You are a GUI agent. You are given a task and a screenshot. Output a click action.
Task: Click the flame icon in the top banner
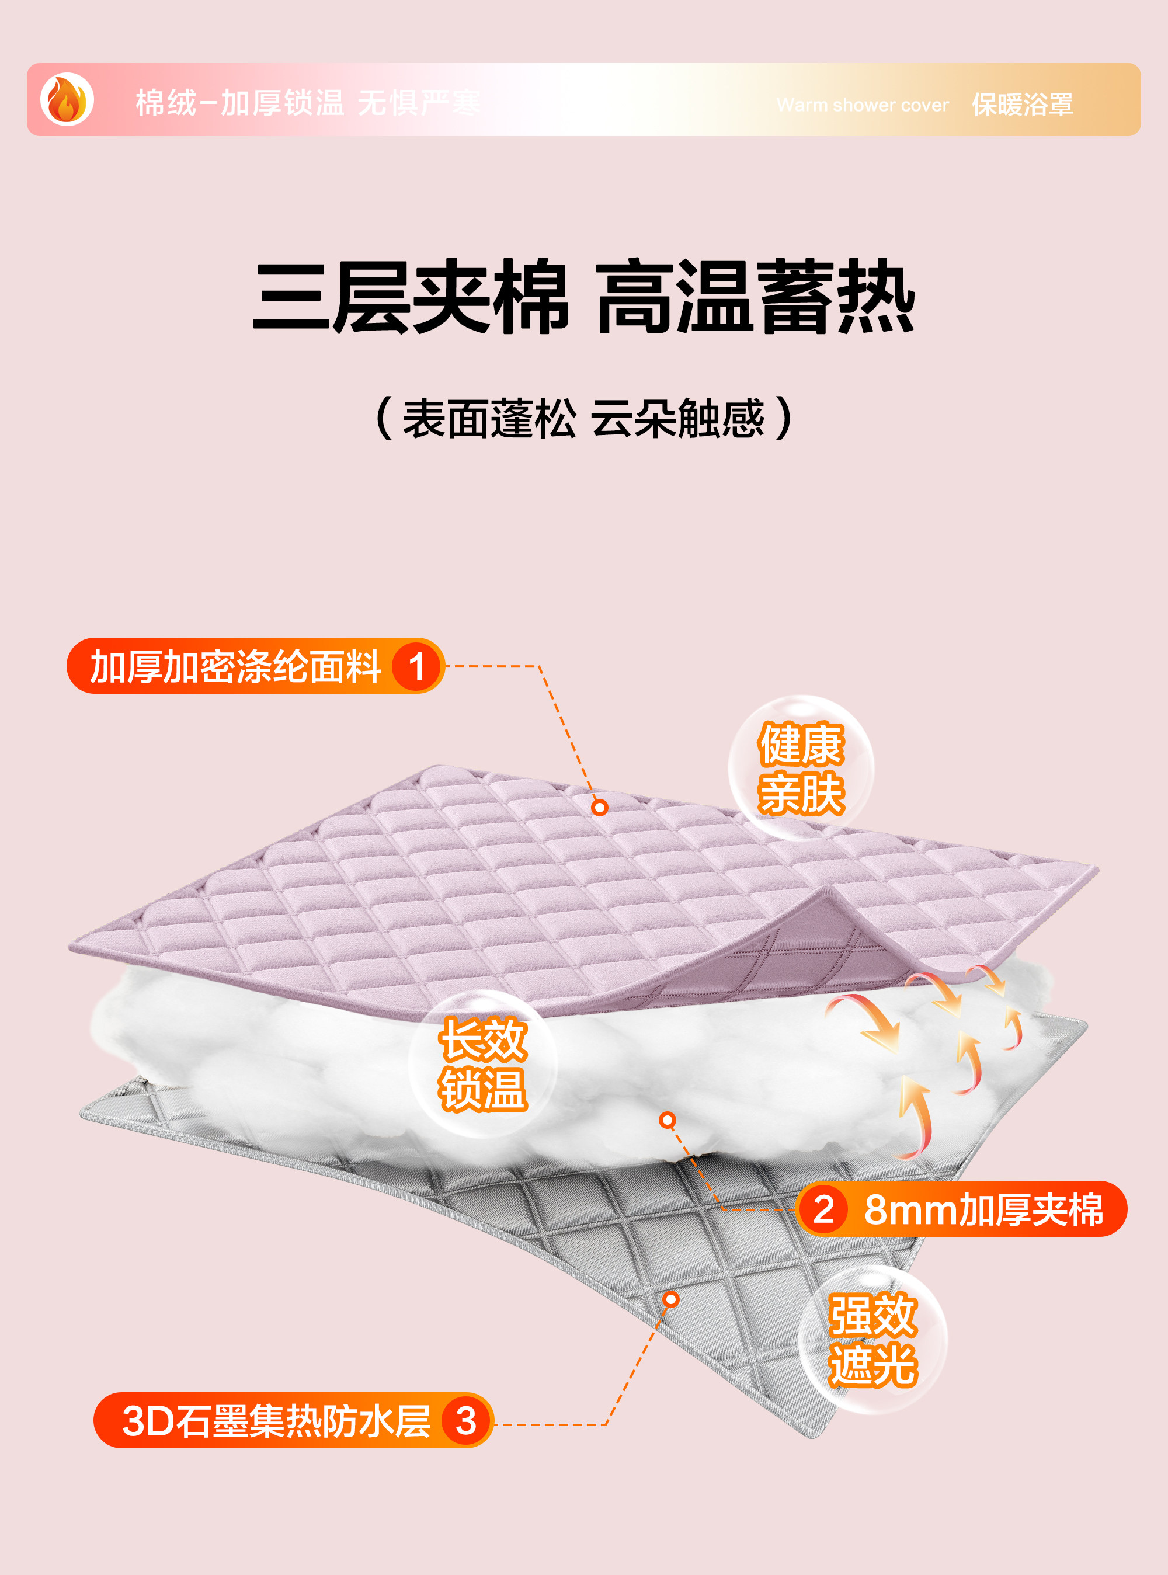(67, 100)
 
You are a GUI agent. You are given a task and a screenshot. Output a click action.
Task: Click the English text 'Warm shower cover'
(862, 105)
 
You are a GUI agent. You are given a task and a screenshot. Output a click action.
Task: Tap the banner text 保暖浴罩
(1023, 105)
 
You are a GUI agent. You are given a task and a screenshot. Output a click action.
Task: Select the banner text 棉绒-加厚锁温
(239, 103)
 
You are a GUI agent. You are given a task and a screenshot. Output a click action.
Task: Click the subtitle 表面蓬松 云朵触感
(584, 419)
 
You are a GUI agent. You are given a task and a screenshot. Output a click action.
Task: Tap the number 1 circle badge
(416, 666)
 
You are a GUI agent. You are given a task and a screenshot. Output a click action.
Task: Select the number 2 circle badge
(823, 1209)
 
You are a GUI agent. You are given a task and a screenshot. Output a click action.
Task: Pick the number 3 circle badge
(466, 1421)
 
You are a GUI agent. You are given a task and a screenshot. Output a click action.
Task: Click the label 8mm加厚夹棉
(983, 1209)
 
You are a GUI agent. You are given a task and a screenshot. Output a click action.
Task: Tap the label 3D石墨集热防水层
(276, 1421)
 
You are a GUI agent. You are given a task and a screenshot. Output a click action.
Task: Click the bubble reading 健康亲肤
(801, 769)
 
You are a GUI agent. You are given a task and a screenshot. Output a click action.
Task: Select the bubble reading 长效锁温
(483, 1064)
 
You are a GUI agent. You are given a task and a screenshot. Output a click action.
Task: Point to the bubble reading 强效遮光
(872, 1340)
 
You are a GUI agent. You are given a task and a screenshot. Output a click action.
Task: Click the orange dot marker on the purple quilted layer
(600, 807)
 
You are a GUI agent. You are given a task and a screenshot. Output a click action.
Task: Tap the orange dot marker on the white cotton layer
(668, 1119)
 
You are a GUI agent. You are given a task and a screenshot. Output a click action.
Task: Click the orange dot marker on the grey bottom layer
(671, 1299)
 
